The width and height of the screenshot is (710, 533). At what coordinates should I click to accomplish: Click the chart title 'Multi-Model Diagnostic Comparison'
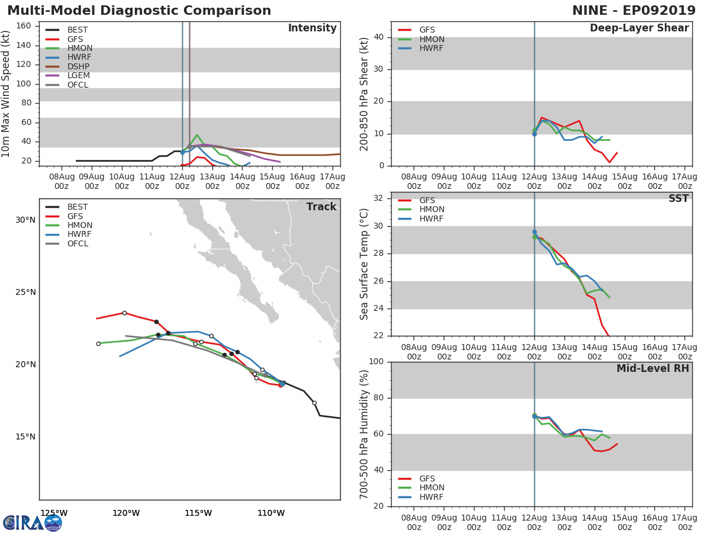[139, 11]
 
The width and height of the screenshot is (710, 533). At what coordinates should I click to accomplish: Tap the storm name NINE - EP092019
[634, 11]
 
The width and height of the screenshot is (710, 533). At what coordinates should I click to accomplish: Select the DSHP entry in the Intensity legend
[67, 66]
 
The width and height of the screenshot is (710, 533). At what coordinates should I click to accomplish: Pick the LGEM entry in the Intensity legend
[67, 75]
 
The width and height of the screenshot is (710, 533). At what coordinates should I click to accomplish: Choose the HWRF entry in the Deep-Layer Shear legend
[421, 48]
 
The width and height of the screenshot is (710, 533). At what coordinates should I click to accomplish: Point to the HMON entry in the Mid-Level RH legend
[421, 487]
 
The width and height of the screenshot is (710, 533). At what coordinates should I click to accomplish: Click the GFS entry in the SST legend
[417, 200]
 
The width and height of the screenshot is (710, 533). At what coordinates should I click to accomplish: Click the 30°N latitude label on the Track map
[25, 220]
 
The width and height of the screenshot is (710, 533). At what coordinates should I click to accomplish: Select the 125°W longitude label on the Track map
[54, 513]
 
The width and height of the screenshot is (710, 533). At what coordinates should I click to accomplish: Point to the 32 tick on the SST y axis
[379, 198]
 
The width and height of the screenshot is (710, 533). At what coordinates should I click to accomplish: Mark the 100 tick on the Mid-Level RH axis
[376, 361]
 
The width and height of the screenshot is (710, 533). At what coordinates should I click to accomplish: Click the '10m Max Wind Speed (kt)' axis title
[5, 94]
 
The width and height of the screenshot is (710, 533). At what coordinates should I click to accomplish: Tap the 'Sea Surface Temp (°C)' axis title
[364, 264]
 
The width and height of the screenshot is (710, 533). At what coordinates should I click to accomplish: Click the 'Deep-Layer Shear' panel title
[639, 28]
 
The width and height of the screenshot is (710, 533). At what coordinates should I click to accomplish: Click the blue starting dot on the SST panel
[534, 232]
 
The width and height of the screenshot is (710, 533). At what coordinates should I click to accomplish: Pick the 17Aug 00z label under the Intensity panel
[333, 182]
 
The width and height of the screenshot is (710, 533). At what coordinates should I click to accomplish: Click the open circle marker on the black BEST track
[314, 403]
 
